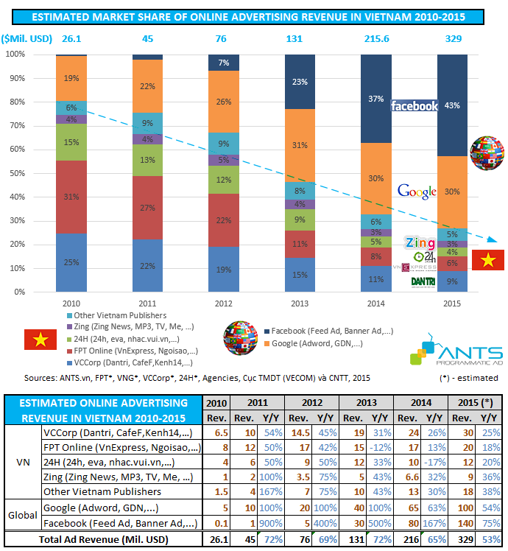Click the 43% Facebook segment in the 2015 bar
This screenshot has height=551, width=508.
[452, 105]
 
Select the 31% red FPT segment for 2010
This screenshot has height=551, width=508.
[71, 197]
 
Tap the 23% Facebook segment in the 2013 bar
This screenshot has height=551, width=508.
[300, 82]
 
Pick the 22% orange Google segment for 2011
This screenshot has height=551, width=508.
[147, 86]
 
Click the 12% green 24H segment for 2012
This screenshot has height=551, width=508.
[224, 180]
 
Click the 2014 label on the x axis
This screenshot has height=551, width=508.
[375, 301]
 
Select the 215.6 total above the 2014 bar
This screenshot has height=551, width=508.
[375, 38]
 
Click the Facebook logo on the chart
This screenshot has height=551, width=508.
[414, 106]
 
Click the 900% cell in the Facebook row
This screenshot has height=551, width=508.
[261, 522]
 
